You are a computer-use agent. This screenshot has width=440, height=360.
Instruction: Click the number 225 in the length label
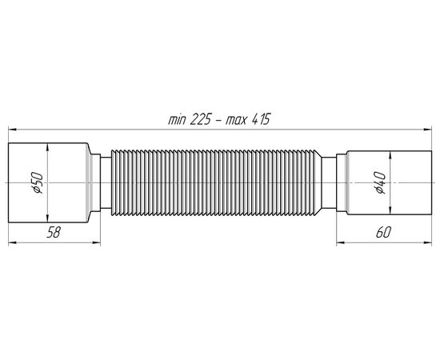coord(201,119)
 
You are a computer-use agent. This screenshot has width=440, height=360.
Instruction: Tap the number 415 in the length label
coord(261,119)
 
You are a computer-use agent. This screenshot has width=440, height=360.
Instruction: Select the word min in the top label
coord(177,120)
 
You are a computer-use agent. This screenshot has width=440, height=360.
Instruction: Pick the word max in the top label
coord(236,121)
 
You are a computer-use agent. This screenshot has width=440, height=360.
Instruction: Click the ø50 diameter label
coord(38,183)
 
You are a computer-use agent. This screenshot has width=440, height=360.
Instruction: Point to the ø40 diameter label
coord(380,182)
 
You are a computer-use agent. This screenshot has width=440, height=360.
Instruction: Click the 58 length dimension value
coord(54,232)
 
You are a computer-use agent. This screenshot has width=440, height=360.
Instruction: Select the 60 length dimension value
coord(383,232)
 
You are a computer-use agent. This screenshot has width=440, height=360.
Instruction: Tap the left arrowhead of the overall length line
coord(12,130)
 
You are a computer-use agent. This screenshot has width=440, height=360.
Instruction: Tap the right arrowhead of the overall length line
coord(428,130)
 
